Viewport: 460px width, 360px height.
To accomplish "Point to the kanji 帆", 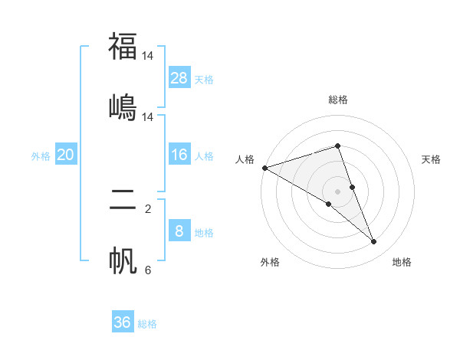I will click(123, 259).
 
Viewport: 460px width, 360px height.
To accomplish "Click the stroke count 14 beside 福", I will click(148, 56).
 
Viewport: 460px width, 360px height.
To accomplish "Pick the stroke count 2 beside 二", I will click(148, 209).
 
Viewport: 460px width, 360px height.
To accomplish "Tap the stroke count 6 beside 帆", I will click(148, 270).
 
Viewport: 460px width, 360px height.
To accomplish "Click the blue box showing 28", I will click(179, 77).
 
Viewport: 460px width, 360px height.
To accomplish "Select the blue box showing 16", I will click(179, 155).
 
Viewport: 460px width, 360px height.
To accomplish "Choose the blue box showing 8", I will click(179, 231).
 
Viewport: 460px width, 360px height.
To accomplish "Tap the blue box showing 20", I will click(65, 155).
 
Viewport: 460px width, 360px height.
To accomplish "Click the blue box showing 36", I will click(123, 322).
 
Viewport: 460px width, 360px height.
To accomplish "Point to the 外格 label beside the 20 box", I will click(41, 155).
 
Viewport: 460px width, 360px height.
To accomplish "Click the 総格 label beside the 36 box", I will click(147, 323).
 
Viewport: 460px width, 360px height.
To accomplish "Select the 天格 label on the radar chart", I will click(432, 159).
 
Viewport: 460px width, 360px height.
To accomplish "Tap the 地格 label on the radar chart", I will click(402, 262).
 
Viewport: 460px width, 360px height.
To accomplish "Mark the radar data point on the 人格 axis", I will click(264, 168).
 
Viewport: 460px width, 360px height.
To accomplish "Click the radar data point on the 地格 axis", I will click(374, 242).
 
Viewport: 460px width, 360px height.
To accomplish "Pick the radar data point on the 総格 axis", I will click(337, 146).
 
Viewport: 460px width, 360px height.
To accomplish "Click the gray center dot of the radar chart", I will click(337, 191).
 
